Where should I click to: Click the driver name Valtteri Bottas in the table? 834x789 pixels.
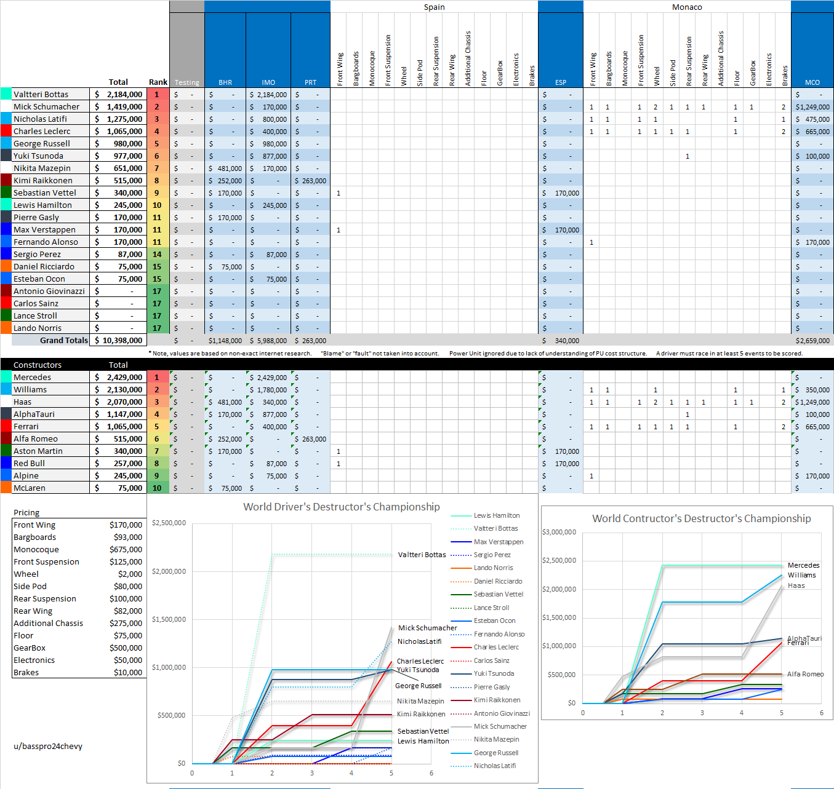click(41, 94)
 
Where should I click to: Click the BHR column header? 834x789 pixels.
click(225, 82)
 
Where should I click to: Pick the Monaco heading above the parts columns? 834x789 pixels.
click(687, 7)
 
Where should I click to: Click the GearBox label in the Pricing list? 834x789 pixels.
click(30, 648)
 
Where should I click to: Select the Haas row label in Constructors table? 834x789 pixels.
click(22, 402)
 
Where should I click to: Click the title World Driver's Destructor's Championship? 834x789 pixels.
click(342, 507)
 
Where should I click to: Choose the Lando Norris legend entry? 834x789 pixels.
click(493, 568)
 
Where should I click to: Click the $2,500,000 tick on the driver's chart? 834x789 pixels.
click(169, 523)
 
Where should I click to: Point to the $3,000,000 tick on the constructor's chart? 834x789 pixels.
click(559, 532)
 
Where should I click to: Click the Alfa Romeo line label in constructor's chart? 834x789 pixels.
click(805, 674)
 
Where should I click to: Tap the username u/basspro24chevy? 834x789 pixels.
click(48, 746)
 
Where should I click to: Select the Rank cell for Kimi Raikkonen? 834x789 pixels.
click(157, 180)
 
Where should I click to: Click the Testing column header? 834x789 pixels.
click(186, 82)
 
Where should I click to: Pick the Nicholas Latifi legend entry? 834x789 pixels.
click(495, 766)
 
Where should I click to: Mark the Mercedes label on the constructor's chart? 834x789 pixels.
click(803, 565)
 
